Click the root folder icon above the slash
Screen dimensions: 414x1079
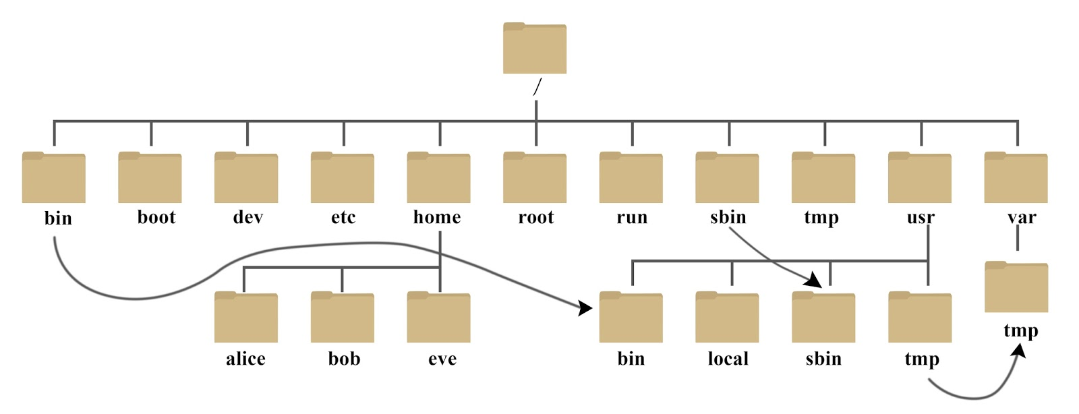pyautogui.click(x=535, y=49)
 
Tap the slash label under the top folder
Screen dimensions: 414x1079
pyautogui.click(x=537, y=88)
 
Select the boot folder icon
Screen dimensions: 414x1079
pyautogui.click(x=150, y=178)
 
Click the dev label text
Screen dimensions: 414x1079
pyautogui.click(x=247, y=217)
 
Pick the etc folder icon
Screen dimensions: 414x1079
pyautogui.click(x=343, y=178)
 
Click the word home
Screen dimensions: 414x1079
pyautogui.click(x=437, y=217)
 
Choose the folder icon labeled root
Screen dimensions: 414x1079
pyautogui.click(x=535, y=178)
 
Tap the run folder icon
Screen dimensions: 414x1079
pyautogui.click(x=631, y=178)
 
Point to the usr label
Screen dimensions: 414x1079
pyautogui.click(x=921, y=218)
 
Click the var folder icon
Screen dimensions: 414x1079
pyautogui.click(x=1016, y=178)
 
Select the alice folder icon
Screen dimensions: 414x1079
pyautogui.click(x=246, y=318)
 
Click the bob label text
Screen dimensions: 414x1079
pyautogui.click(x=344, y=359)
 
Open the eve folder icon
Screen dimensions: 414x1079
pyautogui.click(x=439, y=318)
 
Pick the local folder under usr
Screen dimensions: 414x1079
pyautogui.click(x=728, y=318)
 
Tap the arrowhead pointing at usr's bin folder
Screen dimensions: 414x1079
pyautogui.click(x=585, y=308)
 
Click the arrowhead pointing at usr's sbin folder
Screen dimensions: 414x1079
pyautogui.click(x=815, y=280)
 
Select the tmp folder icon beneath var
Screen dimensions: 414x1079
pyautogui.click(x=1016, y=288)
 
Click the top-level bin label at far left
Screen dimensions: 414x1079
pyautogui.click(x=58, y=218)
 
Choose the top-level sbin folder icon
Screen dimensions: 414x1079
pyautogui.click(x=728, y=178)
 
